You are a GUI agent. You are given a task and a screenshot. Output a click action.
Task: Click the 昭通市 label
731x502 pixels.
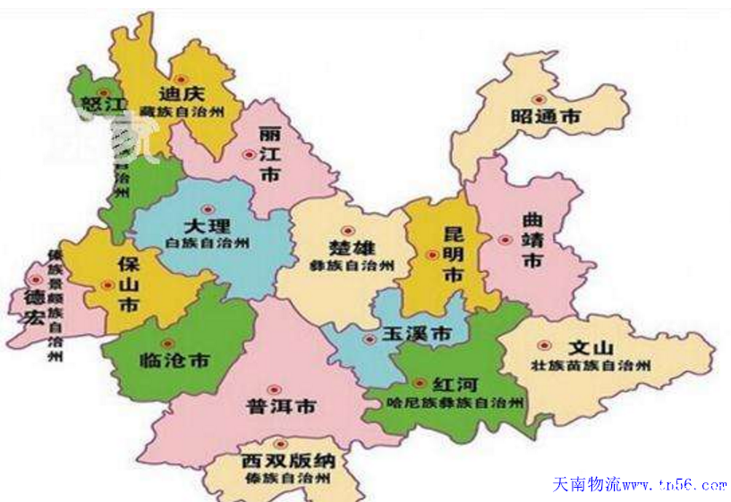[x=546, y=117]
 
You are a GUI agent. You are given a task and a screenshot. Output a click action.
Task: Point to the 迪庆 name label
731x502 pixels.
[x=183, y=93]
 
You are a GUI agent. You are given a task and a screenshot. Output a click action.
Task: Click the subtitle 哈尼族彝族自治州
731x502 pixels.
[x=455, y=404]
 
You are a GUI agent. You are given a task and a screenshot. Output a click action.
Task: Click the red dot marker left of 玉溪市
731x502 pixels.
[x=369, y=338]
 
